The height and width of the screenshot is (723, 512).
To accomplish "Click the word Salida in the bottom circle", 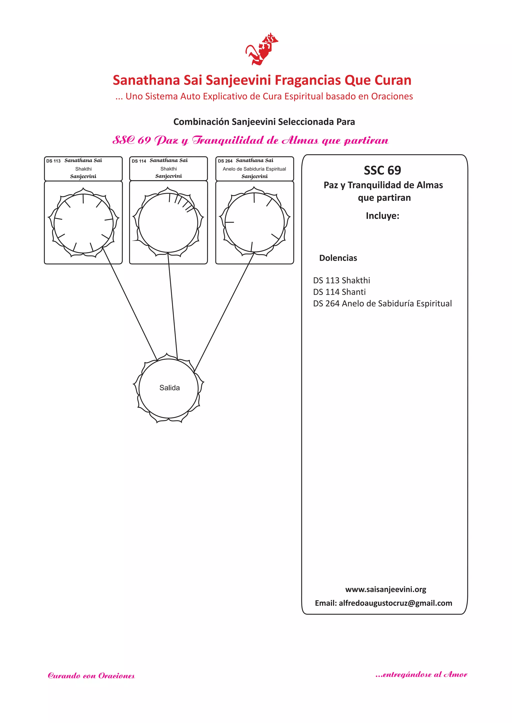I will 169,388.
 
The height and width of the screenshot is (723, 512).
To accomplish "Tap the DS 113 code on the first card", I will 53,161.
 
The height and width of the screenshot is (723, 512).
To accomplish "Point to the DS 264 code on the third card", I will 225,161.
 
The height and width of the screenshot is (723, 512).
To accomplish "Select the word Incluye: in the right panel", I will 382,216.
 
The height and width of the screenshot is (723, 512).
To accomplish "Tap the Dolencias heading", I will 338,258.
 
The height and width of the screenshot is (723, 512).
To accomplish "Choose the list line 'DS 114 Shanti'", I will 339,292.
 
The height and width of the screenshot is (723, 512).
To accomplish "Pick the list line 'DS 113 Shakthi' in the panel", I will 341,280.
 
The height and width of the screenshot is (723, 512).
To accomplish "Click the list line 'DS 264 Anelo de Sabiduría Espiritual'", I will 382,303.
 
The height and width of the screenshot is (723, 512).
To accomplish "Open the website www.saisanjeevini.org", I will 385,589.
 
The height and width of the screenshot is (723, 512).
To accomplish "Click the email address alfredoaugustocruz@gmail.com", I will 395,603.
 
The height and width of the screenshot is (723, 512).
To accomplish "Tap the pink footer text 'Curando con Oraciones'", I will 91,676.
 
